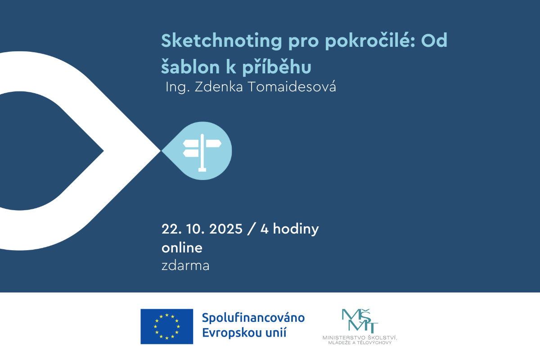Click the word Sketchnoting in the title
pos(221,41)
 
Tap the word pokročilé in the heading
pos(369,41)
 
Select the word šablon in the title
pos(190,66)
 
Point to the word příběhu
pos(277,67)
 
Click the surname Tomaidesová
pos(292,86)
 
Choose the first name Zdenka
pos(219,87)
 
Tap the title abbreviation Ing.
pos(178,87)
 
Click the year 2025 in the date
pos(226,229)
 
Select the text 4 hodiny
pos(289,229)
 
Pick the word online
pos(182,248)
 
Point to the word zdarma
pos(185,265)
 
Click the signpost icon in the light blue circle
pos(202,153)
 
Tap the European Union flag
pos(167,327)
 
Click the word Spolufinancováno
pos(253,318)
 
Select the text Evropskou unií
pos(244,333)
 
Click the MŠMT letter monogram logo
pos(360,321)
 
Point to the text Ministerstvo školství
pos(360,337)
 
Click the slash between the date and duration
pos(251,229)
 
